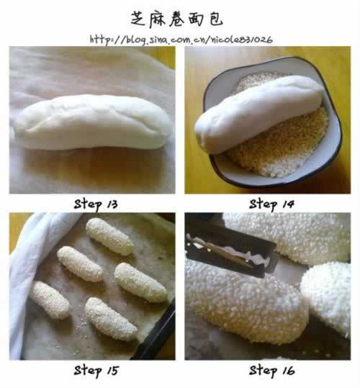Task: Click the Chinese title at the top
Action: pyautogui.click(x=176, y=19)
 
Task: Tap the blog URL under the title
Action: pyautogui.click(x=181, y=40)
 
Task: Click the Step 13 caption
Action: pyautogui.click(x=96, y=204)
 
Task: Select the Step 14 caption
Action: pyautogui.click(x=271, y=204)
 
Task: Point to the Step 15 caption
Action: pyautogui.click(x=96, y=371)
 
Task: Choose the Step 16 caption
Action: pyautogui.click(x=271, y=371)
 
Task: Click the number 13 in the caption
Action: pyautogui.click(x=112, y=204)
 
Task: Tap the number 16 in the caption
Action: pyautogui.click(x=288, y=371)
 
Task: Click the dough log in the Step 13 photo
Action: pyautogui.click(x=93, y=122)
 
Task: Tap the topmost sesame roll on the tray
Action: pyautogui.click(x=109, y=236)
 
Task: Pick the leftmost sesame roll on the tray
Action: pyautogui.click(x=50, y=299)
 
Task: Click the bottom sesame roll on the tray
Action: pyautogui.click(x=110, y=319)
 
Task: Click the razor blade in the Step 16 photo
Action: pyautogui.click(x=231, y=250)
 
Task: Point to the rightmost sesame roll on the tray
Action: pyautogui.click(x=140, y=283)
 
